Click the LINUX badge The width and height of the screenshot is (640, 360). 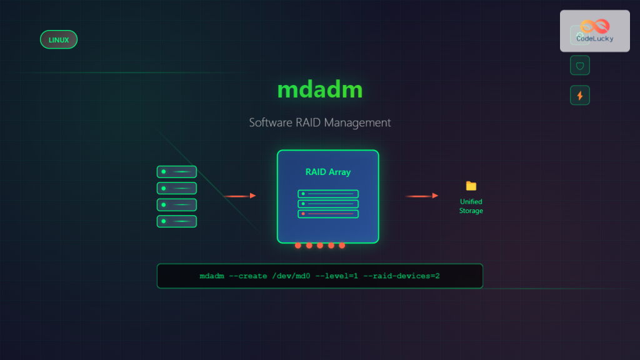(x=59, y=40)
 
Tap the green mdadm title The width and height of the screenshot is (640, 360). (x=319, y=89)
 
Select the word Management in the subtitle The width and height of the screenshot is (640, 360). (x=357, y=122)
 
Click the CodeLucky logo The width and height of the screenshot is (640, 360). (x=594, y=31)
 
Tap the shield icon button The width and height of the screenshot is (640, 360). (x=580, y=66)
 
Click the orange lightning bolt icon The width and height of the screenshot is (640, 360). (x=580, y=96)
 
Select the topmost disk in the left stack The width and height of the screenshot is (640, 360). (x=177, y=172)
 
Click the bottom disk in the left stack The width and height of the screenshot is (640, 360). (x=177, y=221)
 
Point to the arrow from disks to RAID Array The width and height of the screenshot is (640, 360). (x=240, y=196)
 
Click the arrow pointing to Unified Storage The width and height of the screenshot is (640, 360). (x=422, y=196)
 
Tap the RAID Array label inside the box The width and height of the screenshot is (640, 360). (x=327, y=172)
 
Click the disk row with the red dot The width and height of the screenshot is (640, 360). (x=328, y=214)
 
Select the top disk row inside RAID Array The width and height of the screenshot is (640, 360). (x=328, y=194)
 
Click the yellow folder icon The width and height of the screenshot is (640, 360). (x=471, y=186)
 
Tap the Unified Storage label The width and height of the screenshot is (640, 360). (x=471, y=206)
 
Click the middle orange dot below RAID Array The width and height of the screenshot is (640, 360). (x=320, y=245)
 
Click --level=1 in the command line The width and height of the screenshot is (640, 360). (x=341, y=276)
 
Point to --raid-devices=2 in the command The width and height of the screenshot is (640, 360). (x=406, y=276)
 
